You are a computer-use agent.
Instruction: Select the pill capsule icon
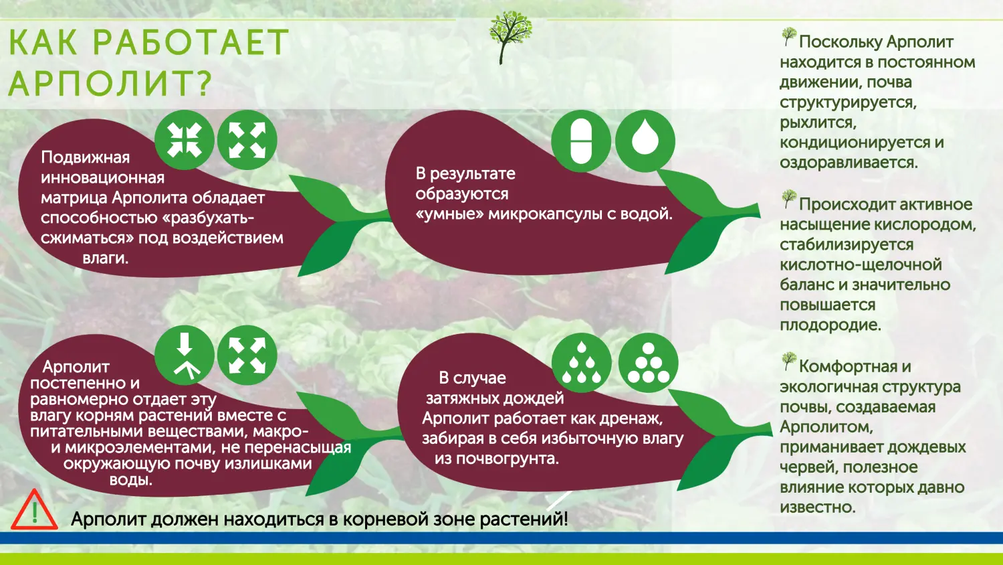coord(580,141)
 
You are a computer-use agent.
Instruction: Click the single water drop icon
coord(645,141)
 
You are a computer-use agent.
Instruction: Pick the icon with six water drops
coord(581,363)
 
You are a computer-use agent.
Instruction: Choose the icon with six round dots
coord(648,363)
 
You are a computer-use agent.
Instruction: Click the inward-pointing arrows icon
coord(185,141)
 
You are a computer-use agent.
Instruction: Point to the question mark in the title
coord(203,84)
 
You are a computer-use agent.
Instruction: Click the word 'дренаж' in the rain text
coord(633,419)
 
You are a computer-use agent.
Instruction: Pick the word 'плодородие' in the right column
coord(830,325)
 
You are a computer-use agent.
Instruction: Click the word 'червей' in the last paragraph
coord(805,467)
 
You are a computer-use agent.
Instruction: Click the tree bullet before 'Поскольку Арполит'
coord(789,37)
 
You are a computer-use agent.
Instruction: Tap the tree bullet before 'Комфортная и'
coord(789,362)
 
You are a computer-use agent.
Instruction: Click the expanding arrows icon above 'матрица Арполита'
coord(247,141)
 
